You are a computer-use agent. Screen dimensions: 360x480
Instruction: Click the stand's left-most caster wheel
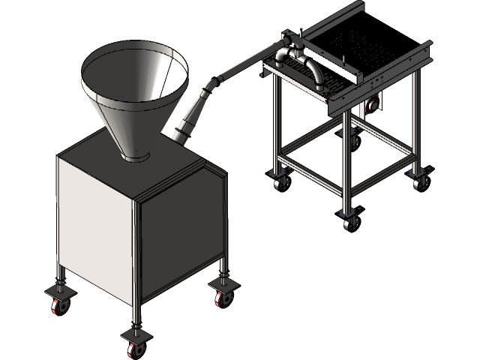click(282, 181)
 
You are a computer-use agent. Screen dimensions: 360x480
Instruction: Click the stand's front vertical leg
click(347, 165)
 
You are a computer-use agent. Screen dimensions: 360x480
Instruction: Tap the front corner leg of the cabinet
click(136, 262)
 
